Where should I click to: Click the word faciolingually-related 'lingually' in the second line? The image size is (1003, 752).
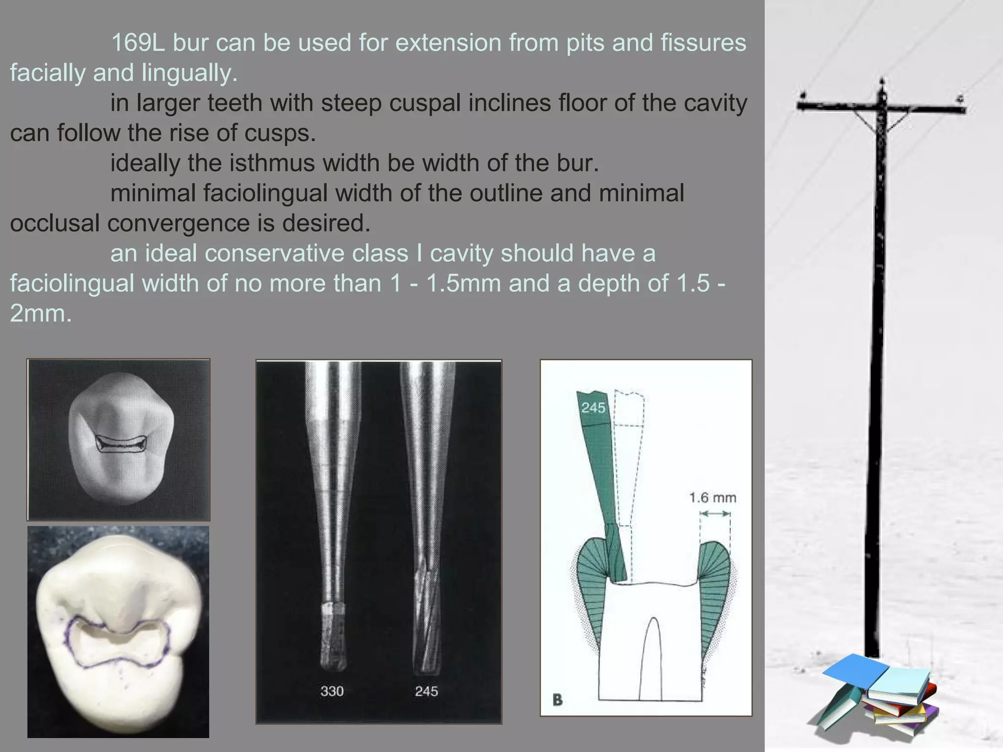[x=190, y=73]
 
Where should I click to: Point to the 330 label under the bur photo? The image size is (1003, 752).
[x=332, y=691]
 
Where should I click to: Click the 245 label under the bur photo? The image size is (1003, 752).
[x=426, y=691]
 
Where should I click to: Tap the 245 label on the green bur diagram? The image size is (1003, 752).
[x=593, y=408]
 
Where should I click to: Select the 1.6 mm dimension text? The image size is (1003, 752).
[x=713, y=498]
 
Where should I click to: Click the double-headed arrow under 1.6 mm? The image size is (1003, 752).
[x=715, y=514]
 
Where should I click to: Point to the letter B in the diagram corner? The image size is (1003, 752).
[x=557, y=700]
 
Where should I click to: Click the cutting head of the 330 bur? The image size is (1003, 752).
[x=333, y=636]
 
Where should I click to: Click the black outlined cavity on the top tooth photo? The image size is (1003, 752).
[x=121, y=444]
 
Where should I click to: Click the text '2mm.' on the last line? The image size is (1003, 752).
[x=41, y=314]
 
